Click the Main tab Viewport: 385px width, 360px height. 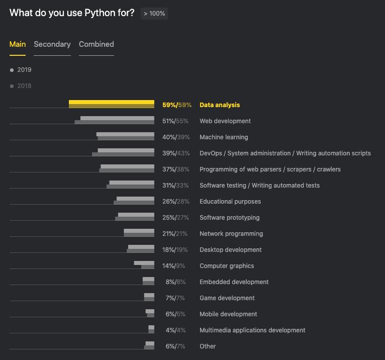pyautogui.click(x=18, y=44)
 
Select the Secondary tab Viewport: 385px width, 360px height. pyautogui.click(x=52, y=44)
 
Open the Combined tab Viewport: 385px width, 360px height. pyautogui.click(x=97, y=44)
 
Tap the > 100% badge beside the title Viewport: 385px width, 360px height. pyautogui.click(x=154, y=14)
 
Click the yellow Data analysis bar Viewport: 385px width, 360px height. pyautogui.click(x=112, y=104)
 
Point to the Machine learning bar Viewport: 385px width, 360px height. pyautogui.click(x=126, y=136)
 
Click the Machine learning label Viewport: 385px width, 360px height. pyautogui.click(x=224, y=137)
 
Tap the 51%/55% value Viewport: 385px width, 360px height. pyautogui.click(x=175, y=121)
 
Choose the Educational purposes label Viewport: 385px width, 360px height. pyautogui.click(x=230, y=202)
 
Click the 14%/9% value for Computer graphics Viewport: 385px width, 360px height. pyautogui.click(x=173, y=266)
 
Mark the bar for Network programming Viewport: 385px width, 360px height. pyautogui.click(x=139, y=233)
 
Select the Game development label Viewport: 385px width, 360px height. pyautogui.click(x=227, y=298)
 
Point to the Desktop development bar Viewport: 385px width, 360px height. pyautogui.click(x=141, y=249)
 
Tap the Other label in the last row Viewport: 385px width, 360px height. pyautogui.click(x=208, y=346)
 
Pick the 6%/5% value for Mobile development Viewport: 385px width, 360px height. pyautogui.click(x=175, y=314)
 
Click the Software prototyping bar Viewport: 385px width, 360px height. pyautogui.click(x=136, y=217)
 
